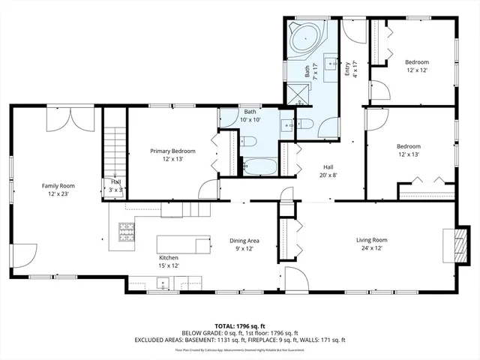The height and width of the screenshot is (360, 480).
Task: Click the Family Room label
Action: tap(58, 189)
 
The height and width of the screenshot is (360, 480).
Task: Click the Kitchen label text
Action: tap(168, 261)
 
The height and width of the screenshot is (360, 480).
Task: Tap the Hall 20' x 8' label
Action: tap(328, 170)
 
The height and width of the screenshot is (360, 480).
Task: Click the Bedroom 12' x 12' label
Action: tap(417, 66)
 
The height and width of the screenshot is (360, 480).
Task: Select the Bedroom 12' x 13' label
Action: tap(409, 150)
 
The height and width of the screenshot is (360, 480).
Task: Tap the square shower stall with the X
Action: tap(297, 93)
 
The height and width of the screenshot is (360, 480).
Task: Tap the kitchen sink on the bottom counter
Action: tap(162, 283)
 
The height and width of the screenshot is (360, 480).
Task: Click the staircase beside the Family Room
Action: tap(114, 146)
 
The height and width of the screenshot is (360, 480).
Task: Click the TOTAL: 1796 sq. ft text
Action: tap(240, 326)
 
